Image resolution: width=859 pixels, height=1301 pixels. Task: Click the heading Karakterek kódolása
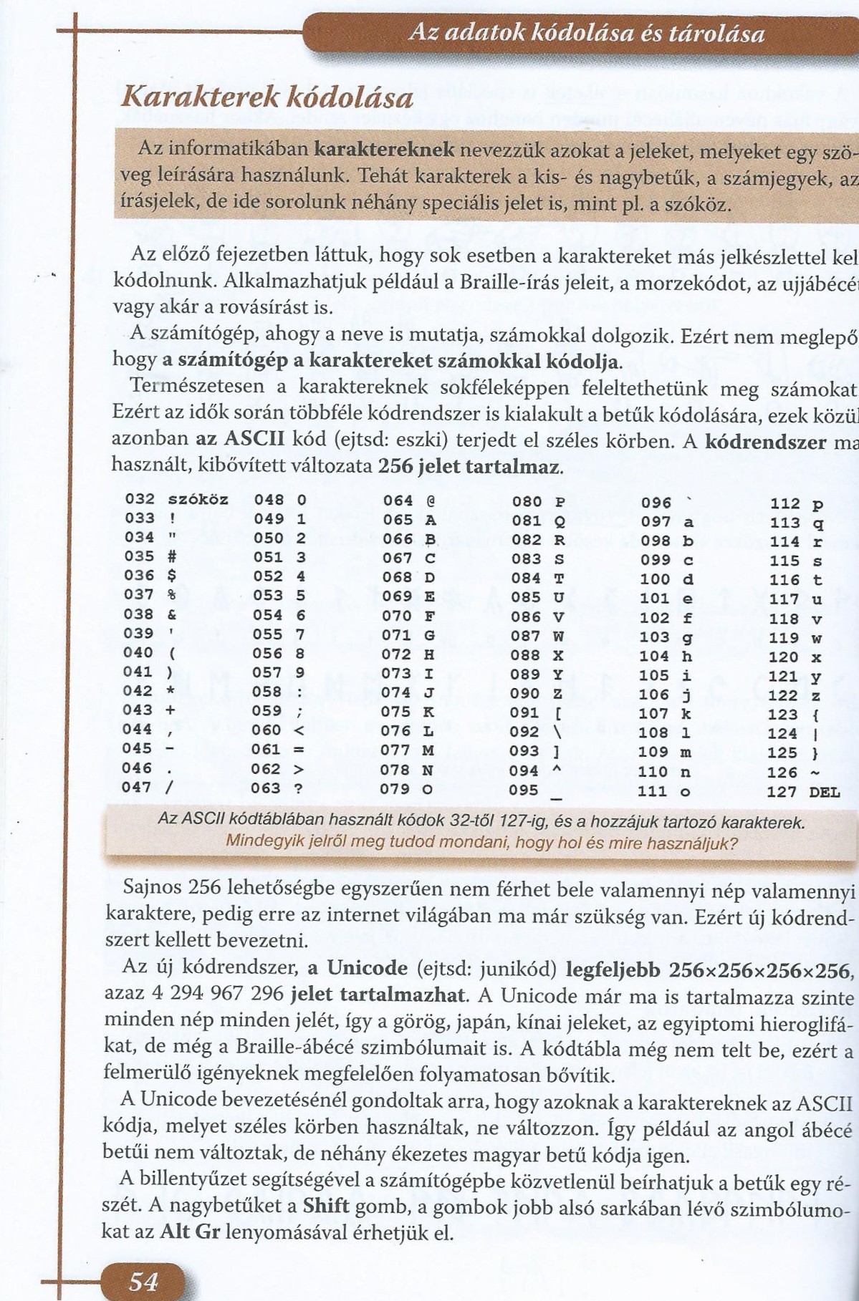(x=267, y=96)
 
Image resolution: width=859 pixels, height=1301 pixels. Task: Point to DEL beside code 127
(x=824, y=792)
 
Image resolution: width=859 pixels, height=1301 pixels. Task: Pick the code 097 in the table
(x=656, y=522)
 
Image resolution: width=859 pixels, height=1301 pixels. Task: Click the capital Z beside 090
(x=559, y=694)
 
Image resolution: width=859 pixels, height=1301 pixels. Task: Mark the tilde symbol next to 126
(x=814, y=773)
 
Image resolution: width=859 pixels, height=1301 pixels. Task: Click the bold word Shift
(x=326, y=1205)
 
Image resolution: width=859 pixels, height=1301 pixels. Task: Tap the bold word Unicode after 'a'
(x=367, y=968)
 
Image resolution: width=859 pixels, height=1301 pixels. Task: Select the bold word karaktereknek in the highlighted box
(x=385, y=149)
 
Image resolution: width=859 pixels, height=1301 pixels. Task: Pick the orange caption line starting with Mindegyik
(x=481, y=842)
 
